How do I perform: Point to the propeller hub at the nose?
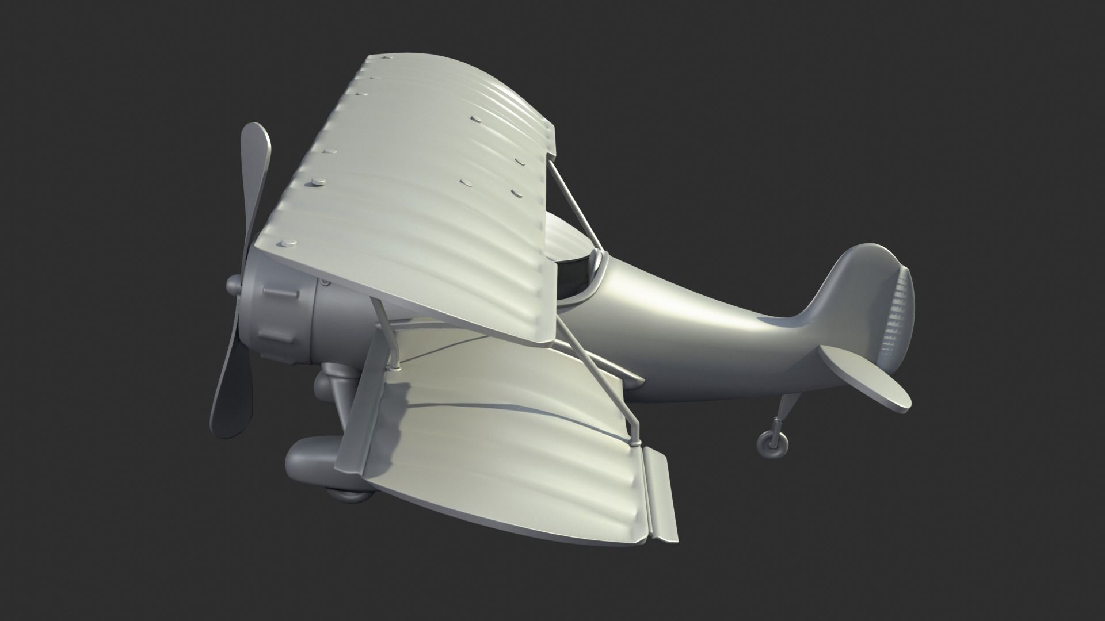234,283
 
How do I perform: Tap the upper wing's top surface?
414,190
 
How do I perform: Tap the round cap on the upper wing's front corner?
284,243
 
